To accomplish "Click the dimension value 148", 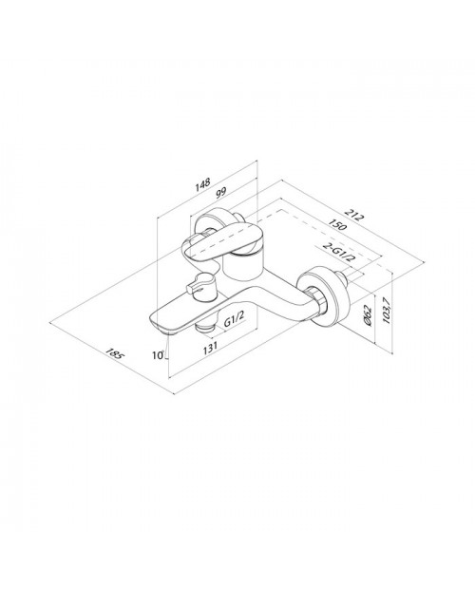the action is pos(203,184).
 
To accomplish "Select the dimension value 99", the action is pos(220,193).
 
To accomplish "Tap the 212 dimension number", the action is pos(354,216).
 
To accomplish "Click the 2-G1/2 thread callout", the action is pos(339,253).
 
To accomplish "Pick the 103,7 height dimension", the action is pos(386,310).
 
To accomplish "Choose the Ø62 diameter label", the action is pos(369,314).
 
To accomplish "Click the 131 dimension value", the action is pos(210,348).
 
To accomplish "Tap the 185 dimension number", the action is pos(114,353).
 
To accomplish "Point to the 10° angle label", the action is pos(159,354).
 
